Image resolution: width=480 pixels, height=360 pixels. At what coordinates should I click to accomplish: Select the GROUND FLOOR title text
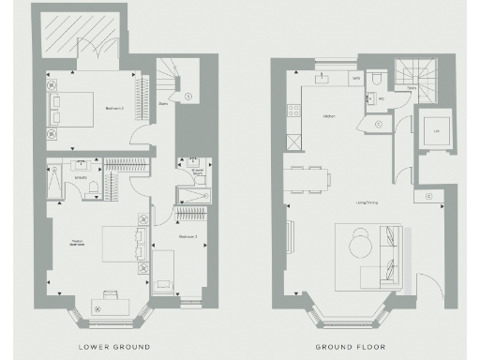tap(359, 347)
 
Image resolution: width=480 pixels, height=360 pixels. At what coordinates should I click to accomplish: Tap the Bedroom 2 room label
tap(114, 109)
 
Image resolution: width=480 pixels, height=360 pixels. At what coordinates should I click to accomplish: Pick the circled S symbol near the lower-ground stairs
tap(187, 96)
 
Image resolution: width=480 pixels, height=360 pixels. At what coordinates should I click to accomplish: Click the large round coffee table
tap(360, 247)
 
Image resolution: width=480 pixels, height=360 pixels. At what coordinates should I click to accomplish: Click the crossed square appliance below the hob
tap(293, 142)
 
